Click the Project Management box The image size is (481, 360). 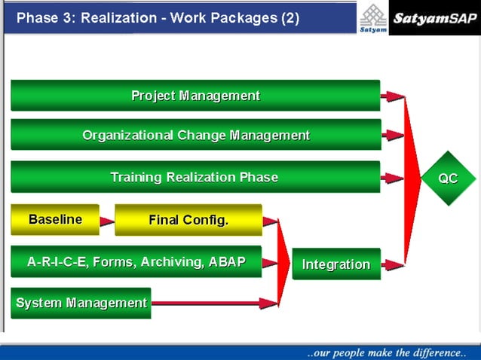coord(195,96)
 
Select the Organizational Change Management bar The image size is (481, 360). coord(195,136)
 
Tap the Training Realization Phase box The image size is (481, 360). coord(195,178)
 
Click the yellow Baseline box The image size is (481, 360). coord(55,220)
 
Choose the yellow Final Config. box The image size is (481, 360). coord(188,220)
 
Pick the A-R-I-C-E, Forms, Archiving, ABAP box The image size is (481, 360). coord(136,262)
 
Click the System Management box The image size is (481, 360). coord(81,303)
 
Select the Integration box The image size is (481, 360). coord(336,264)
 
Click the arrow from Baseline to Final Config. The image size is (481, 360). coord(107,221)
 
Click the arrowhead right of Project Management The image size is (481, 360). coord(393,96)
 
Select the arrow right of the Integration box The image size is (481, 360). coord(393,264)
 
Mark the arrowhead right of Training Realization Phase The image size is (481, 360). coord(393,178)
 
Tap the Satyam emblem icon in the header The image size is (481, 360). coord(372,17)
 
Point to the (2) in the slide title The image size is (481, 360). coord(290,18)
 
